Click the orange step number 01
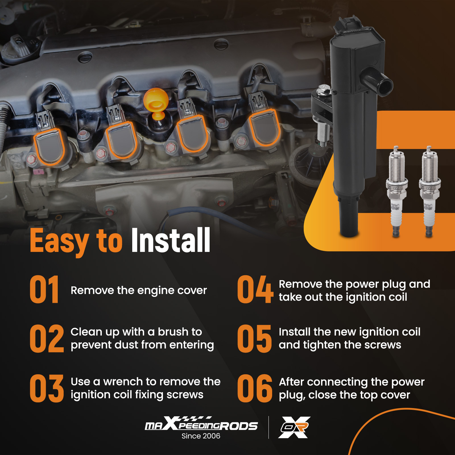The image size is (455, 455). pyautogui.click(x=44, y=289)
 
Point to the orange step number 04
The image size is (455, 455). pyautogui.click(x=255, y=289)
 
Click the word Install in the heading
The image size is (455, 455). pyautogui.click(x=171, y=240)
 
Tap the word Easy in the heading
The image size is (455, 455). pyautogui.click(x=59, y=242)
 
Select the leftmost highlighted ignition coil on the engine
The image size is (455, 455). pyautogui.click(x=49, y=146)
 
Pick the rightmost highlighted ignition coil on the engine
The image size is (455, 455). pyautogui.click(x=264, y=127)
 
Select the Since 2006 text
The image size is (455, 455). pyautogui.click(x=201, y=436)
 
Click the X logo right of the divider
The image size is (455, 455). pyautogui.click(x=294, y=427)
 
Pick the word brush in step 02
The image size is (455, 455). pyautogui.click(x=173, y=332)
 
